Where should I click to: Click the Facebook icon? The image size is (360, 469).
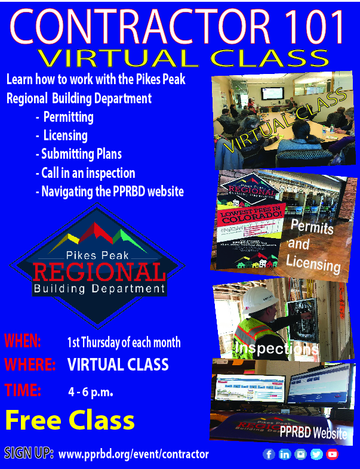tap(269, 454)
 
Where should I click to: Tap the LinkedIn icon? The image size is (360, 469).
tap(285, 454)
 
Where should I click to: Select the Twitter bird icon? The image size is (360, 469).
tap(316, 454)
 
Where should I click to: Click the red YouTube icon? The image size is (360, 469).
tap(332, 454)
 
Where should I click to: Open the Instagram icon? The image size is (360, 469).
tap(300, 454)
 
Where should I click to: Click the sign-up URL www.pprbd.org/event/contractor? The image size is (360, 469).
tap(134, 455)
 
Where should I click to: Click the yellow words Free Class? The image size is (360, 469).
tap(69, 421)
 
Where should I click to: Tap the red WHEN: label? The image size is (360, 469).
tap(23, 342)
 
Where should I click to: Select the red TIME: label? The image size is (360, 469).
tap(23, 391)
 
